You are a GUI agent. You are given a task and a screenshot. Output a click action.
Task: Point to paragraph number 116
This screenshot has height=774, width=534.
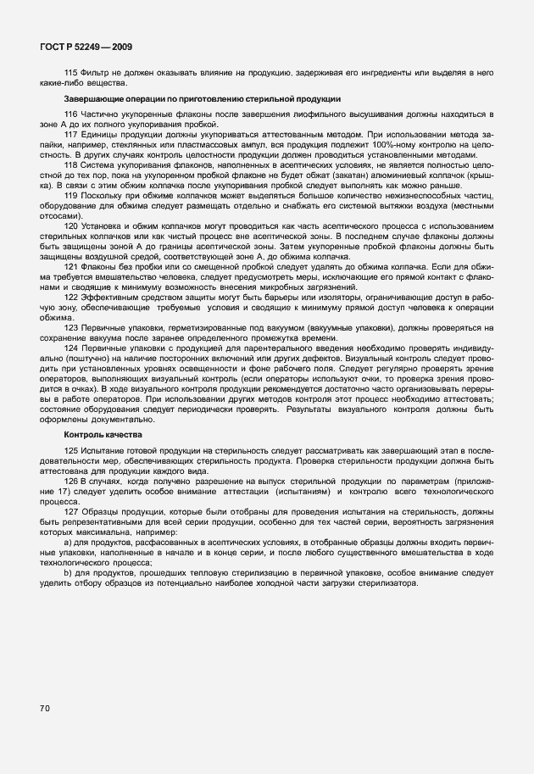(x=71, y=114)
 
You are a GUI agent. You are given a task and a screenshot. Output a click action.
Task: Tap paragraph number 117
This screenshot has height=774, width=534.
(x=71, y=135)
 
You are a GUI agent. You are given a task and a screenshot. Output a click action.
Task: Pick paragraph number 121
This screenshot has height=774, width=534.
(x=71, y=266)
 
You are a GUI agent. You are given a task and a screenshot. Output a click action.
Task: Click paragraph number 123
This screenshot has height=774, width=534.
(x=71, y=326)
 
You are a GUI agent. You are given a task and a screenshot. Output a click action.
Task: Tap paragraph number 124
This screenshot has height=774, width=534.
(x=71, y=348)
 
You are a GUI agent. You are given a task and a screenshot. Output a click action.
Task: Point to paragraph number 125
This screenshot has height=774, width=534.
(x=71, y=448)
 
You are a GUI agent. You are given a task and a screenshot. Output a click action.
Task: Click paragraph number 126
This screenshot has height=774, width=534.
(x=71, y=480)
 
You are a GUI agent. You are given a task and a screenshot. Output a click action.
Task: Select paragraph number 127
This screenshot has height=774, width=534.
(x=71, y=511)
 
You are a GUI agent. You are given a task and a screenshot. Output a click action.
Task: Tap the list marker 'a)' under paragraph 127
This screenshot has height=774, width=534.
(x=69, y=543)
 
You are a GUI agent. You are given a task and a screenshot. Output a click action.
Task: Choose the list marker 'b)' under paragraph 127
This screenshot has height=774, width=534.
(x=69, y=574)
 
